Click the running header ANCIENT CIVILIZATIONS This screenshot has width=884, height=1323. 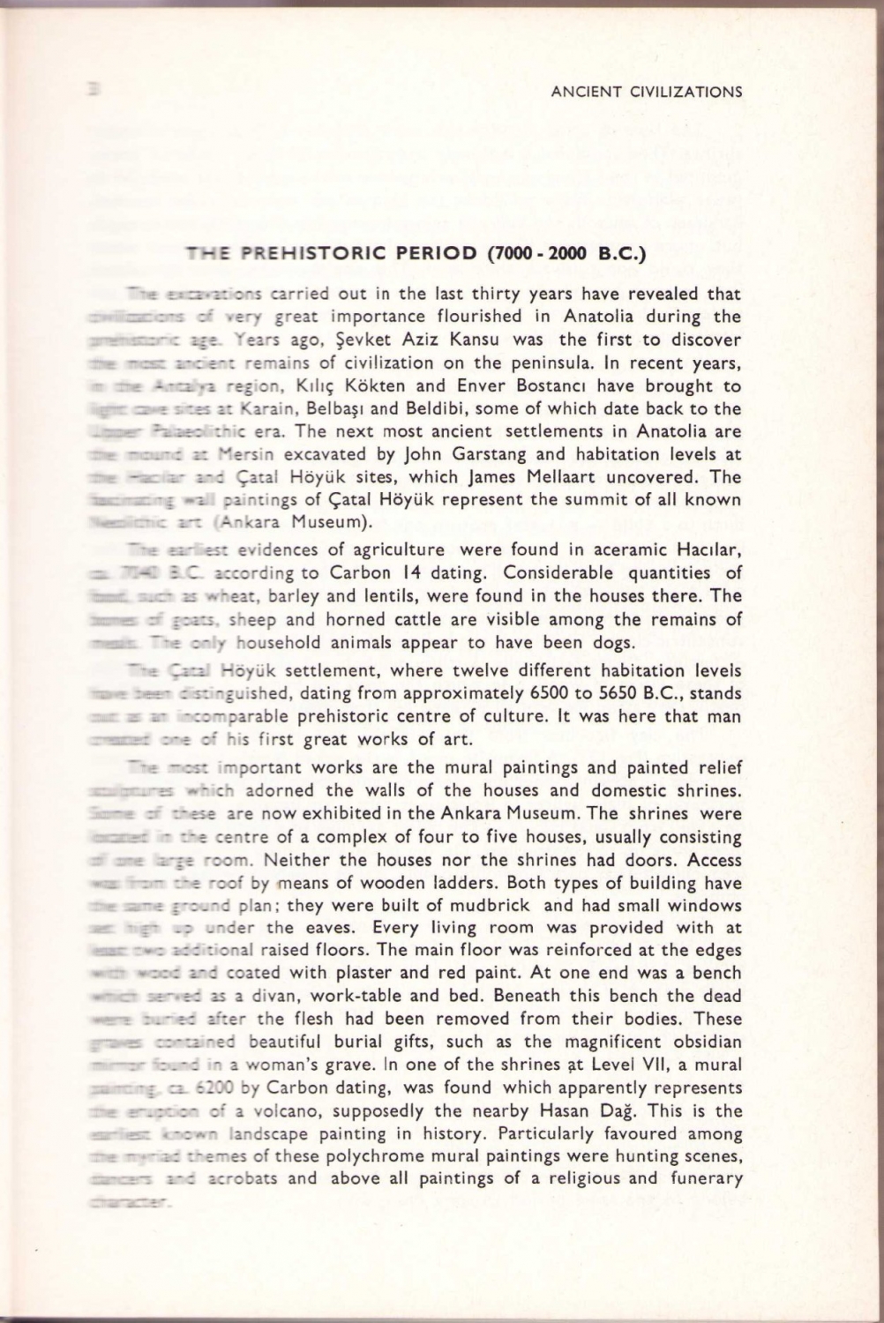tap(645, 91)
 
